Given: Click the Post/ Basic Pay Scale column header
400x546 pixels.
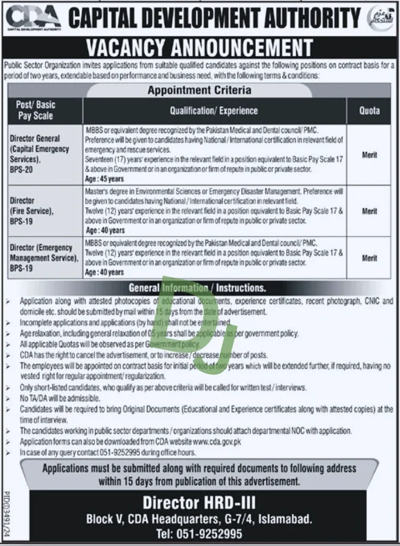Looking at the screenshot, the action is [x=36, y=109].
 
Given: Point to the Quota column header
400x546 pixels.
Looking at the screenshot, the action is [x=369, y=110].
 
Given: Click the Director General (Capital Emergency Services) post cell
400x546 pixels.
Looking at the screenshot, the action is [x=40, y=149].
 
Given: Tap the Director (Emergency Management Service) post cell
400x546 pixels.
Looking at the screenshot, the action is [x=44, y=256].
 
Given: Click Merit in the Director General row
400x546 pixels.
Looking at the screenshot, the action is [x=369, y=156].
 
